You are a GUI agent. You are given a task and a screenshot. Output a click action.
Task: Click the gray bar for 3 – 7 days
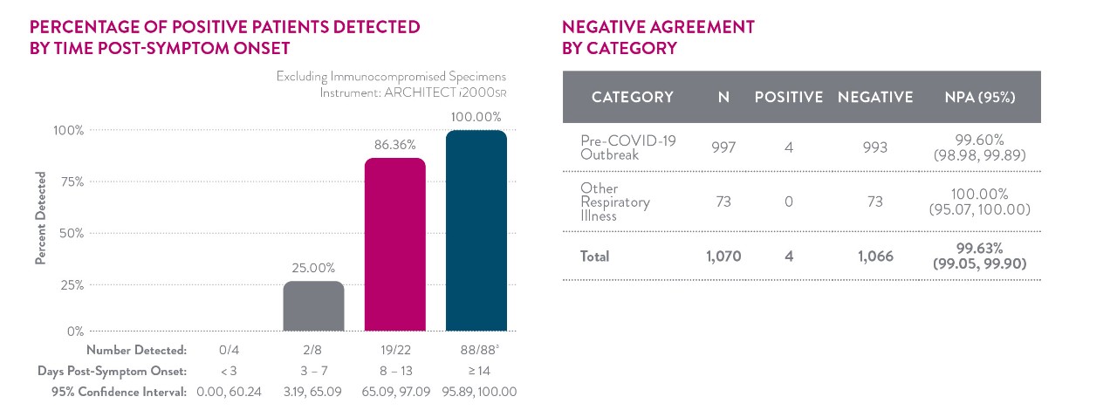(313, 306)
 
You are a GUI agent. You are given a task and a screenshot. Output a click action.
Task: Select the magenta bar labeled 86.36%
(394, 244)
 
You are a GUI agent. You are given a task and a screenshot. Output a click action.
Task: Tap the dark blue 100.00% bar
(476, 230)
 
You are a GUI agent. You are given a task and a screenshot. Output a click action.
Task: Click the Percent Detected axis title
(40, 222)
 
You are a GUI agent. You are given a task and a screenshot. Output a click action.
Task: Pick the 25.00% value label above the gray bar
(313, 268)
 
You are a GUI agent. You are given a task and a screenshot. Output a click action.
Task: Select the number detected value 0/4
(229, 351)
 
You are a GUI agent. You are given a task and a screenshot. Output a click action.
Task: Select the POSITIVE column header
(789, 97)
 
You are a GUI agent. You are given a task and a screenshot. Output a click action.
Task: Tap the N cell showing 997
(723, 147)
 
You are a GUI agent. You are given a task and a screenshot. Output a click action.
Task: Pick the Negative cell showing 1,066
(875, 256)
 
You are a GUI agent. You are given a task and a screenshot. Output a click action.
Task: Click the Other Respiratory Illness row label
(615, 202)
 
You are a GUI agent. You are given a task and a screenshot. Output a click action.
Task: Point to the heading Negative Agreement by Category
(659, 38)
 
